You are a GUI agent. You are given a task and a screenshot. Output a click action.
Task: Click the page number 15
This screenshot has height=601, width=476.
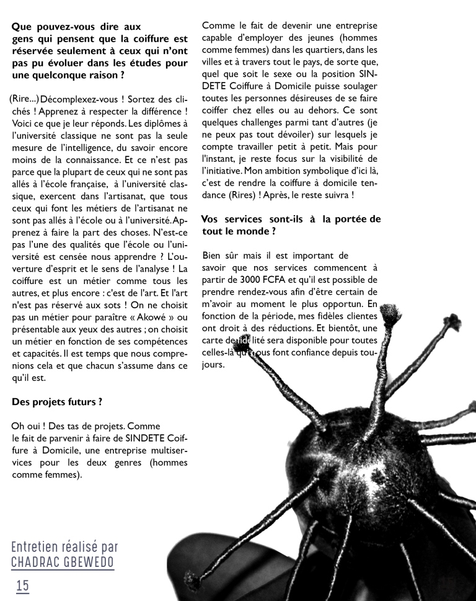click(22, 585)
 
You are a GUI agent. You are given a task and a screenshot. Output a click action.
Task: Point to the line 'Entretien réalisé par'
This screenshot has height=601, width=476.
click(64, 547)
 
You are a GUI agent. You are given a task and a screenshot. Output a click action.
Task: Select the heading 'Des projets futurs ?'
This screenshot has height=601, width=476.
click(57, 402)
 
